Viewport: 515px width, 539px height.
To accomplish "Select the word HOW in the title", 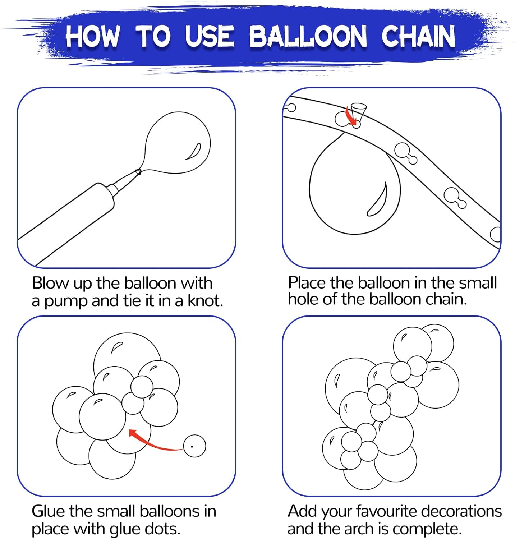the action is [92, 36].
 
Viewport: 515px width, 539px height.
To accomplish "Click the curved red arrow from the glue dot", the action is [155, 441].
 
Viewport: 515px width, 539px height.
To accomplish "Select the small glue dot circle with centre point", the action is [194, 446].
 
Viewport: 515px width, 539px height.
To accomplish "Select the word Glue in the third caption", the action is [49, 511].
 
